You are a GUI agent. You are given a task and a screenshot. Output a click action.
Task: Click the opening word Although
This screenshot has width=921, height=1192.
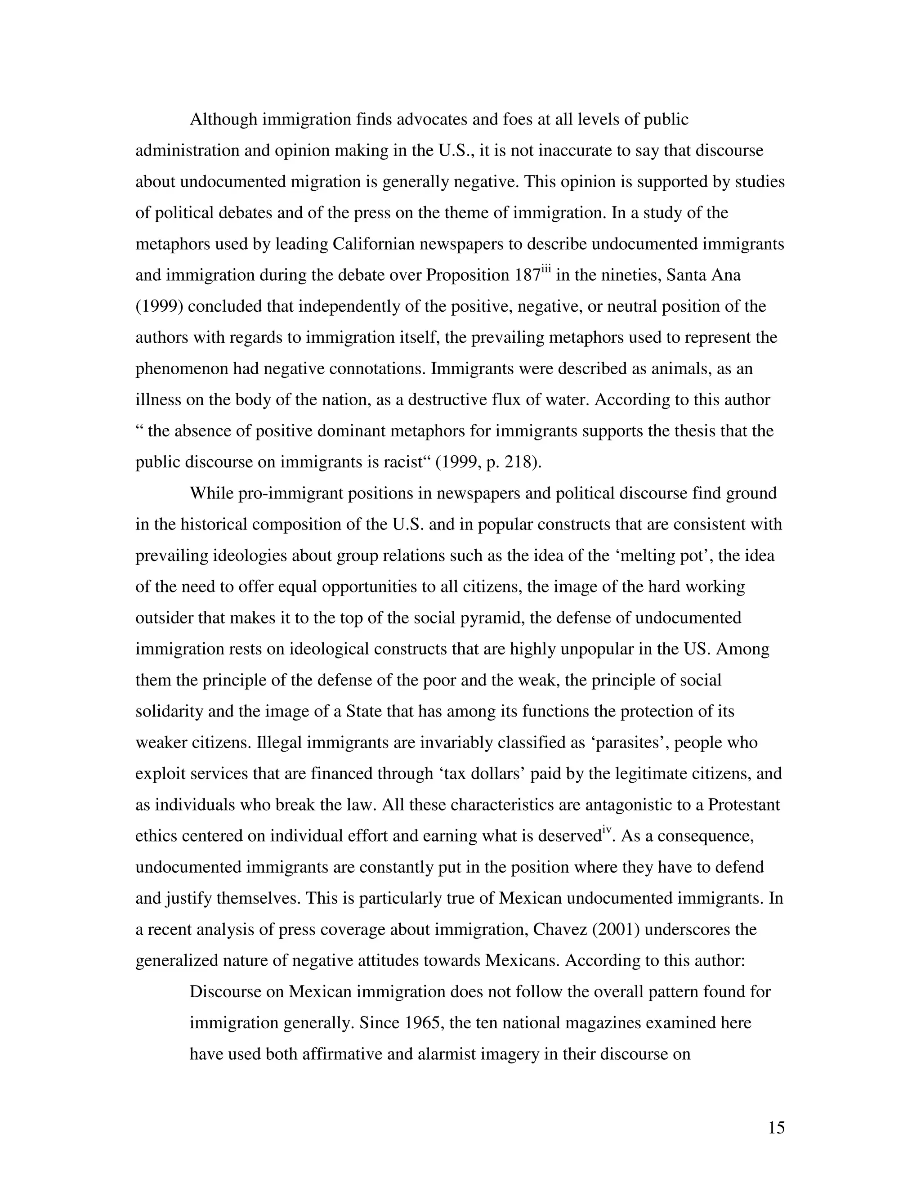223,119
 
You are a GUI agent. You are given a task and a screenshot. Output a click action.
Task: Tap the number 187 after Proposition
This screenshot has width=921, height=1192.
528,275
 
